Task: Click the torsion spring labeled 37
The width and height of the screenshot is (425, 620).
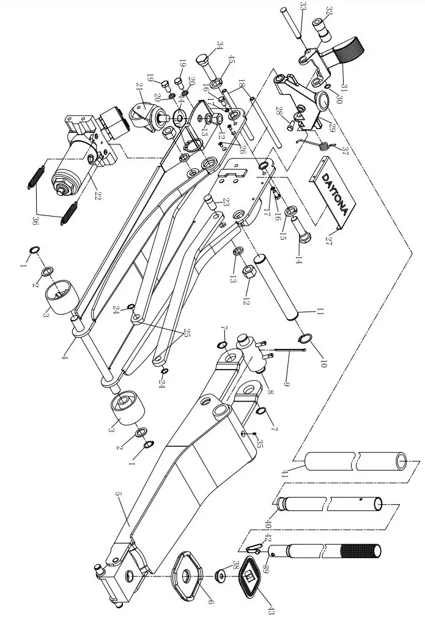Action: click(x=320, y=146)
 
